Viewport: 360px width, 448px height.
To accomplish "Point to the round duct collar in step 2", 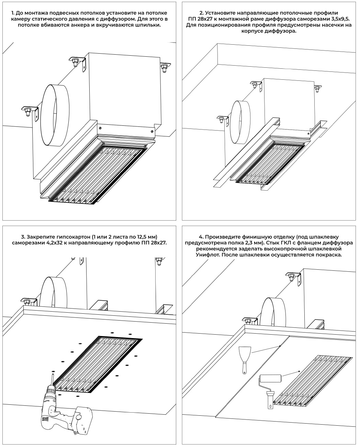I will click(x=240, y=122).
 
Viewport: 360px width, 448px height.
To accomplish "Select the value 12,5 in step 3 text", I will click(x=125, y=237).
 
